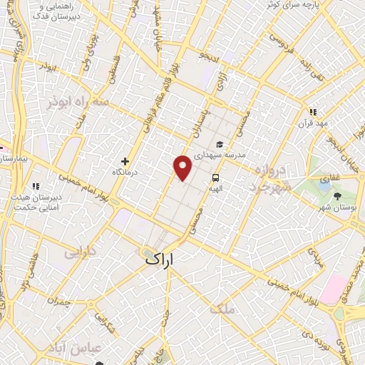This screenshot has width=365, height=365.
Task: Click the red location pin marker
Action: [183, 168]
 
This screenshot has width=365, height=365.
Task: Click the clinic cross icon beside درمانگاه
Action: [125, 161]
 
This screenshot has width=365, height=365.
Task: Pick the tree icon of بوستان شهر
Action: [336, 195]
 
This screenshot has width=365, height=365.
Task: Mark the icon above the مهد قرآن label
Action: [312, 111]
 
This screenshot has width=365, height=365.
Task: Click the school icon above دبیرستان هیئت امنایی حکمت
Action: [16, 187]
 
